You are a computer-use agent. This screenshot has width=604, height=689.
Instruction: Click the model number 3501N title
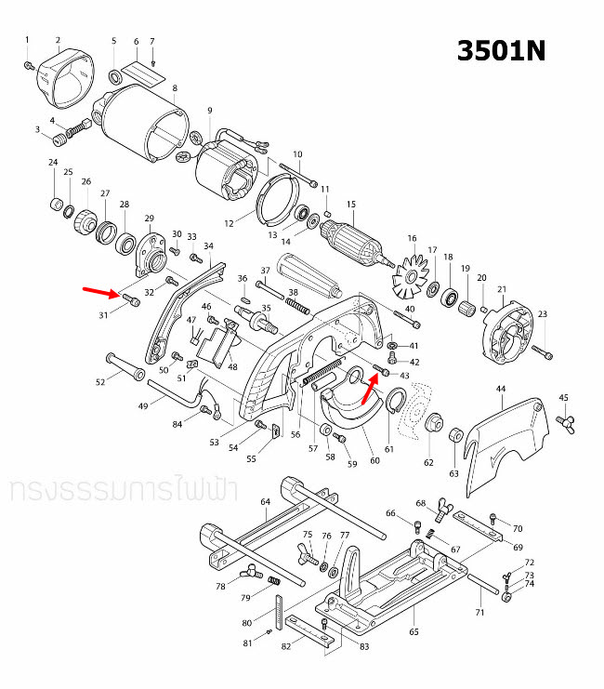click(501, 50)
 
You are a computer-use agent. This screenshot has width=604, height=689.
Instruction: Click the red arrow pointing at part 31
click(100, 292)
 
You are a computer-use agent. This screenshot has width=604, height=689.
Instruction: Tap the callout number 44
click(501, 387)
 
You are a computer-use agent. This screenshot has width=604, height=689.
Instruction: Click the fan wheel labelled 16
click(409, 276)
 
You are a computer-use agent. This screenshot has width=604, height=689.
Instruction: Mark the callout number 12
click(229, 223)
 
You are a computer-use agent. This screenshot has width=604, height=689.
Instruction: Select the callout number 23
click(543, 314)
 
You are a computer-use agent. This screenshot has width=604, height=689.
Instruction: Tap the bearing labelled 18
click(452, 298)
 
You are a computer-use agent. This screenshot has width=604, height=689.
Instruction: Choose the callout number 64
click(265, 502)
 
